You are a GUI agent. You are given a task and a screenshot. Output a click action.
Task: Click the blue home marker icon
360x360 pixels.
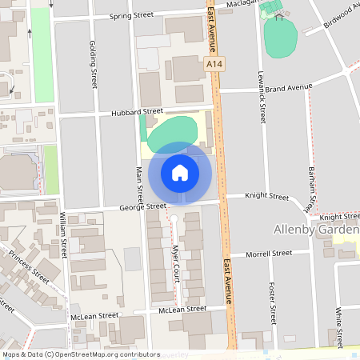tap(180, 172)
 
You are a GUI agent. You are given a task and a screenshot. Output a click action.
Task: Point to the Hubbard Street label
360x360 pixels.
tap(137, 112)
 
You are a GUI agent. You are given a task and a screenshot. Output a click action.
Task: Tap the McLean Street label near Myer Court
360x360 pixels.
tap(182, 309)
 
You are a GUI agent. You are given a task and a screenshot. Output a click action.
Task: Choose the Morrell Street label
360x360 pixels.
tap(270, 253)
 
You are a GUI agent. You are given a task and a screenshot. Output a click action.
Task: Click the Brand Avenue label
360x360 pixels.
tap(288, 86)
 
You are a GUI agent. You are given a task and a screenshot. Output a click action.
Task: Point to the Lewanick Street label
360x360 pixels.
tap(262, 92)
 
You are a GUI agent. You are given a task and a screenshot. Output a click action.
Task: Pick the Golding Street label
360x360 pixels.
tap(94, 63)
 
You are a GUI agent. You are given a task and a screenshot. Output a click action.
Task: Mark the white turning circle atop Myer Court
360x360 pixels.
tap(174, 218)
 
